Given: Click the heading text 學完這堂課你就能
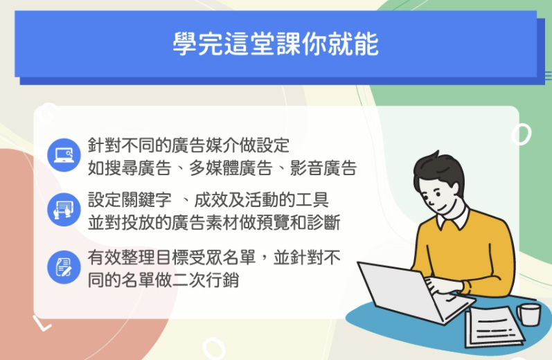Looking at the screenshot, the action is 276,44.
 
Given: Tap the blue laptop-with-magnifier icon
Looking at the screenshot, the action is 64,155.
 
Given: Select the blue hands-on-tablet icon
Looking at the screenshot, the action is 64,210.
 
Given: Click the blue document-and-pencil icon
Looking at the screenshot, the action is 64,267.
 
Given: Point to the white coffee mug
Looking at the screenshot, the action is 528,314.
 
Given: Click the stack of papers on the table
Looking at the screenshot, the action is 493,327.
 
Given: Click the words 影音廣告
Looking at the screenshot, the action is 323,168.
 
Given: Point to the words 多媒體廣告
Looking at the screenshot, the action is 231,168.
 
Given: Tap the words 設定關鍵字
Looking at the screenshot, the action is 130,200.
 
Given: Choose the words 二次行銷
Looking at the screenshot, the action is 206,280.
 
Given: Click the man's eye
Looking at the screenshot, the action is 438,193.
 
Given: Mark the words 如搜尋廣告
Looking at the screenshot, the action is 130,168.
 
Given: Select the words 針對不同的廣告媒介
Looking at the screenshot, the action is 163,145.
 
